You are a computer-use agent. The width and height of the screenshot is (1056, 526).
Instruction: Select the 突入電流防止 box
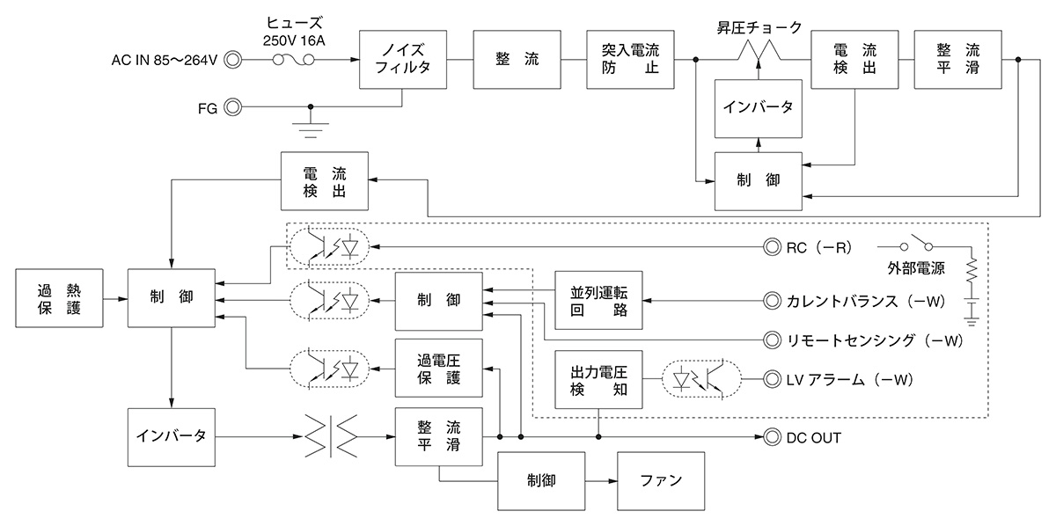(x=631, y=60)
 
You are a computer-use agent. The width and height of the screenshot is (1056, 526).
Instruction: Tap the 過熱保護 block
(x=60, y=298)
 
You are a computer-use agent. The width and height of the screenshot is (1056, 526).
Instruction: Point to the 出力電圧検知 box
(x=598, y=379)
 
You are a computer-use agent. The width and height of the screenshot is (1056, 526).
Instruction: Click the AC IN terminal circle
(x=233, y=60)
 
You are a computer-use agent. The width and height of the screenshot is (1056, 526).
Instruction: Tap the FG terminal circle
(x=233, y=107)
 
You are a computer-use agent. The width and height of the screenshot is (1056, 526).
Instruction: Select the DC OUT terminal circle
(x=772, y=437)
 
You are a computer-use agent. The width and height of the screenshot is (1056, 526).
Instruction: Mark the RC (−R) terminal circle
(x=772, y=247)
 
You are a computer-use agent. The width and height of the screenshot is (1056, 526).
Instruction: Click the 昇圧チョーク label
(x=759, y=27)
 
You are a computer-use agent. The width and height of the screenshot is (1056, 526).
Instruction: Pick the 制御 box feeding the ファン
(x=542, y=481)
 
